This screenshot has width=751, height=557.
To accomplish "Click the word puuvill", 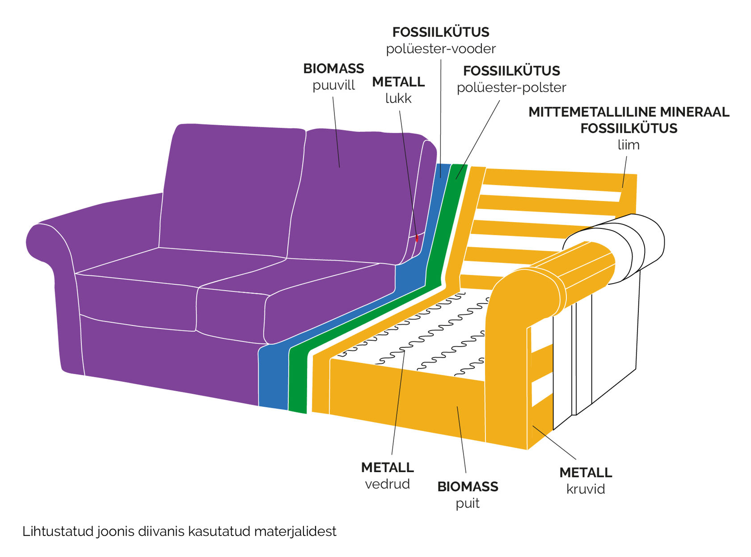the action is [333, 85].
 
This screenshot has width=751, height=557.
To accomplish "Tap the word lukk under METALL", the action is [398, 98].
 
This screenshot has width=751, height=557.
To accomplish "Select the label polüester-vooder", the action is [441, 49].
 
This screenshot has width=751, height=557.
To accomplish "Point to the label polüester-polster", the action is [511, 88].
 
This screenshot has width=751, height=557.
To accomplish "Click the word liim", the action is [629, 144].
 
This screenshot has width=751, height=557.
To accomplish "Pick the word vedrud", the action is [388, 484].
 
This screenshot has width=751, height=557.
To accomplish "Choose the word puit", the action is [467, 503].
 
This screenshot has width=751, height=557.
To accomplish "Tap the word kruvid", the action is [586, 489].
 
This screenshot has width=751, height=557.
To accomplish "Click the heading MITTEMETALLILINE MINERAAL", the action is [629, 112].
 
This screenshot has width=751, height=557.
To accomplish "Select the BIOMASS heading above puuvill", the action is [333, 68].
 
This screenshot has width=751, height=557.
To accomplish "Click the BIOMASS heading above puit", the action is [468, 486].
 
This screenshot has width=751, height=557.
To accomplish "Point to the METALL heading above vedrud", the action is [388, 467].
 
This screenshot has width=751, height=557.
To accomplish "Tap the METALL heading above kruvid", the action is [586, 473].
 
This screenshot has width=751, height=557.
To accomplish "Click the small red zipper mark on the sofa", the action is [417, 238].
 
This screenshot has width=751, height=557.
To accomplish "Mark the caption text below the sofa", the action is [179, 531].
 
